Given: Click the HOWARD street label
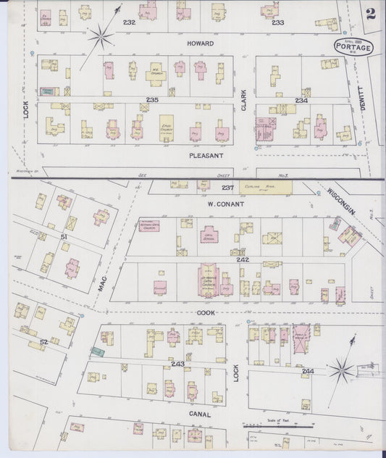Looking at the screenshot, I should (200, 43).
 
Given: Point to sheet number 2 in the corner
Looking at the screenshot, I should (370, 13).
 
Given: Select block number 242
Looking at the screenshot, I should (242, 259).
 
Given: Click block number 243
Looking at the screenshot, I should (178, 363).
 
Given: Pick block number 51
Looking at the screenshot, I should (64, 236).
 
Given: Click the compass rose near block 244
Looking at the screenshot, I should (342, 371).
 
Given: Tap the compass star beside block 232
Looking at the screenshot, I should (100, 34).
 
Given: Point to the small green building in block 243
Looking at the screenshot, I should (97, 352).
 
